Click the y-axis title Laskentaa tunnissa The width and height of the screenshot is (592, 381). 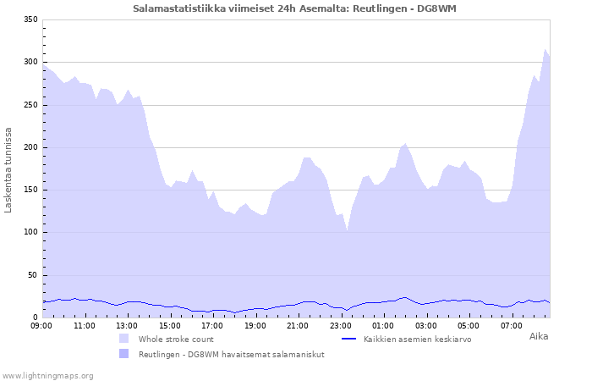(x=8, y=169)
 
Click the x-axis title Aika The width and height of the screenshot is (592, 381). (x=538, y=336)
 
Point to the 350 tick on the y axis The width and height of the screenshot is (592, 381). (x=30, y=19)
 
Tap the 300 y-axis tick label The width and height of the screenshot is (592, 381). (x=30, y=62)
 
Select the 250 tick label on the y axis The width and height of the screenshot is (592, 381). (x=30, y=105)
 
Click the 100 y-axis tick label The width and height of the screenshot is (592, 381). (x=30, y=232)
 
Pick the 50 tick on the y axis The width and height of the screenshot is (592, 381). (x=32, y=275)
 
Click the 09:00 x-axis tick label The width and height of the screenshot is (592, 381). (x=41, y=325)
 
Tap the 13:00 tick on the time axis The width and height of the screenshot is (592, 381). (x=127, y=325)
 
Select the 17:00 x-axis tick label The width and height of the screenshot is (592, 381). (x=212, y=325)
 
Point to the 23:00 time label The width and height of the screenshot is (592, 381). (x=341, y=325)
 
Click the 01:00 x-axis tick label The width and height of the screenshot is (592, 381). (x=384, y=325)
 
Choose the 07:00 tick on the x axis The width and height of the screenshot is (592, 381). (x=512, y=325)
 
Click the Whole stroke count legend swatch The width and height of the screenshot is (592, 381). (x=123, y=339)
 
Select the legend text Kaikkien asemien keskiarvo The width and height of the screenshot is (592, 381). (x=417, y=339)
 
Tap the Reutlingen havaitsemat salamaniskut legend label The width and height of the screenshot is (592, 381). (x=231, y=354)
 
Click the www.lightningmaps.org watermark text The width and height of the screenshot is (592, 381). (x=47, y=375)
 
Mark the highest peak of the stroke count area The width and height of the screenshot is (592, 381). (x=545, y=50)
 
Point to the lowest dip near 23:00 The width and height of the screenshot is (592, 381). (x=347, y=229)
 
